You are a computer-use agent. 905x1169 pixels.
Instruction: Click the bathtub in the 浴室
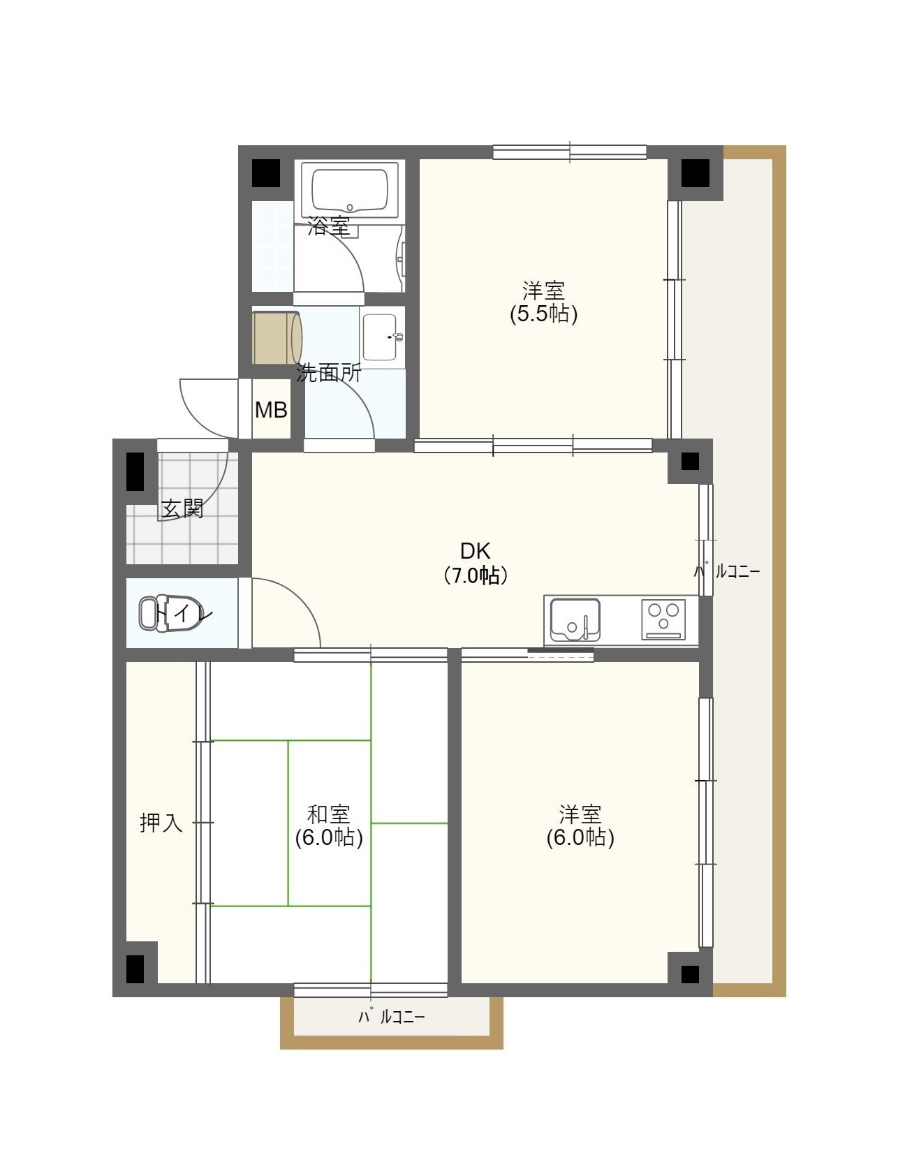(x=349, y=189)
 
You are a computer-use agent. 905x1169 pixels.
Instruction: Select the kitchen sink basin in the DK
(x=575, y=619)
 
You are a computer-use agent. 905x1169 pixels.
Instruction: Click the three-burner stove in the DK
(x=663, y=619)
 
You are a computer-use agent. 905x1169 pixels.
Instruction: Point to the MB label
(x=271, y=410)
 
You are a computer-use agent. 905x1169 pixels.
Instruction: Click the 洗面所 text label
(x=328, y=373)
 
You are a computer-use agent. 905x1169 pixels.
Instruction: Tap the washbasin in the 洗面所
(x=381, y=337)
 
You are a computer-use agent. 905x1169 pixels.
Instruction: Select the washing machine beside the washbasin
(x=277, y=338)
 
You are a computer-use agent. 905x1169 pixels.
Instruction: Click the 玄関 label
(x=182, y=508)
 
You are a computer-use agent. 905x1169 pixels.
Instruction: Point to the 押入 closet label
(x=161, y=823)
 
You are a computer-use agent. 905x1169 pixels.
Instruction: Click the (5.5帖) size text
(x=543, y=314)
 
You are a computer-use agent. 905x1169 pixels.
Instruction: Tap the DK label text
(x=475, y=550)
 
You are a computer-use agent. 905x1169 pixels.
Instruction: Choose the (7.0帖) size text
(x=475, y=575)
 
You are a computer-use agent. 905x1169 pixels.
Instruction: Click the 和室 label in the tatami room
(x=328, y=814)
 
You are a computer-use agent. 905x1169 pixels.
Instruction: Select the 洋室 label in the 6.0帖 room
(x=580, y=814)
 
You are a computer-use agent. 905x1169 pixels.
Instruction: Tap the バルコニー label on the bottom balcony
(x=391, y=1017)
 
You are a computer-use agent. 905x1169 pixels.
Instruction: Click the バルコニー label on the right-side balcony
(x=727, y=571)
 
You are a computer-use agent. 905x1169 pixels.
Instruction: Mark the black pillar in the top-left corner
(x=265, y=173)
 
